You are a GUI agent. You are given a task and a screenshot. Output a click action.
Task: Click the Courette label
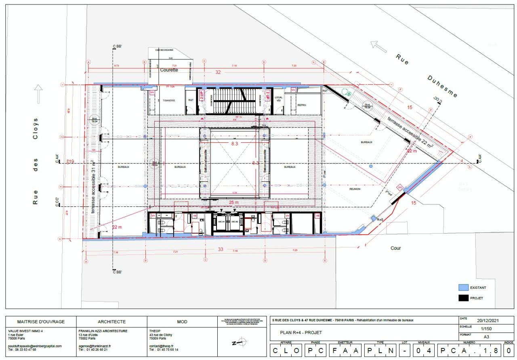(x=169, y=70)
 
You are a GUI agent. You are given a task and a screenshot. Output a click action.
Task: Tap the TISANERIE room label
(x=169, y=100)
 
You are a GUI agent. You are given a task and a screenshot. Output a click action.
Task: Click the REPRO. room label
(x=302, y=105)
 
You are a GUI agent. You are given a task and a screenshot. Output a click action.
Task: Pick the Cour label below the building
(x=395, y=248)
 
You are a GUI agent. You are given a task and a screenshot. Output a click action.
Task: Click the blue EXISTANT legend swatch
(x=463, y=288)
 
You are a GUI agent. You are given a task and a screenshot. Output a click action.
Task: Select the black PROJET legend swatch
(x=463, y=298)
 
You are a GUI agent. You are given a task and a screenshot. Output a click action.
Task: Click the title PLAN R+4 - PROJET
(x=301, y=333)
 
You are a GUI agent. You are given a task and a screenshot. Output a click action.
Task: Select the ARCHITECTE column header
(x=111, y=322)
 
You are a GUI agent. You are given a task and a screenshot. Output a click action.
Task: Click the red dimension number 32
(x=218, y=72)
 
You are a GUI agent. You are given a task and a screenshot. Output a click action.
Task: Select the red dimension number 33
(x=221, y=249)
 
